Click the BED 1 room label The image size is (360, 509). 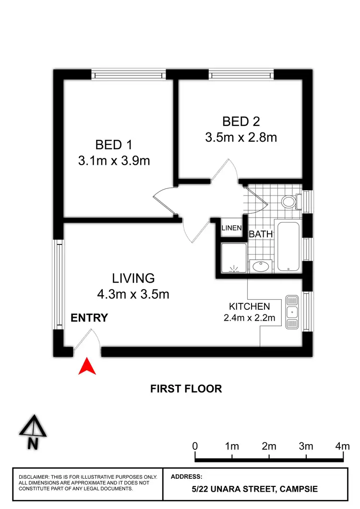(x=114, y=145)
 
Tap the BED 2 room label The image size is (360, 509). (x=241, y=121)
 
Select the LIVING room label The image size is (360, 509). (x=133, y=278)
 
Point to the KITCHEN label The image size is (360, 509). (x=249, y=306)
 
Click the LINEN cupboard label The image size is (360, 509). (x=231, y=229)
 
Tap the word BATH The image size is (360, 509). (x=261, y=234)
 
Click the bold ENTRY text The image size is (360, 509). (x=89, y=318)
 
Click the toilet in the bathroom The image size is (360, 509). (x=289, y=201)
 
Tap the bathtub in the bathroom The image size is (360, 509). (x=288, y=246)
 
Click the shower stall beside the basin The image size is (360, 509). (x=234, y=258)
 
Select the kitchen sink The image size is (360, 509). (x=291, y=312)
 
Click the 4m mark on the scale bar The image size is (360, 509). (x=342, y=446)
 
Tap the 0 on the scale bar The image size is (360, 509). (x=195, y=446)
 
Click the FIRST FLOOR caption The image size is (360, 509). (x=186, y=388)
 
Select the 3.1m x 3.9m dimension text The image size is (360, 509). (x=114, y=161)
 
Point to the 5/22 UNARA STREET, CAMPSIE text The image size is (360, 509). (x=254, y=490)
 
